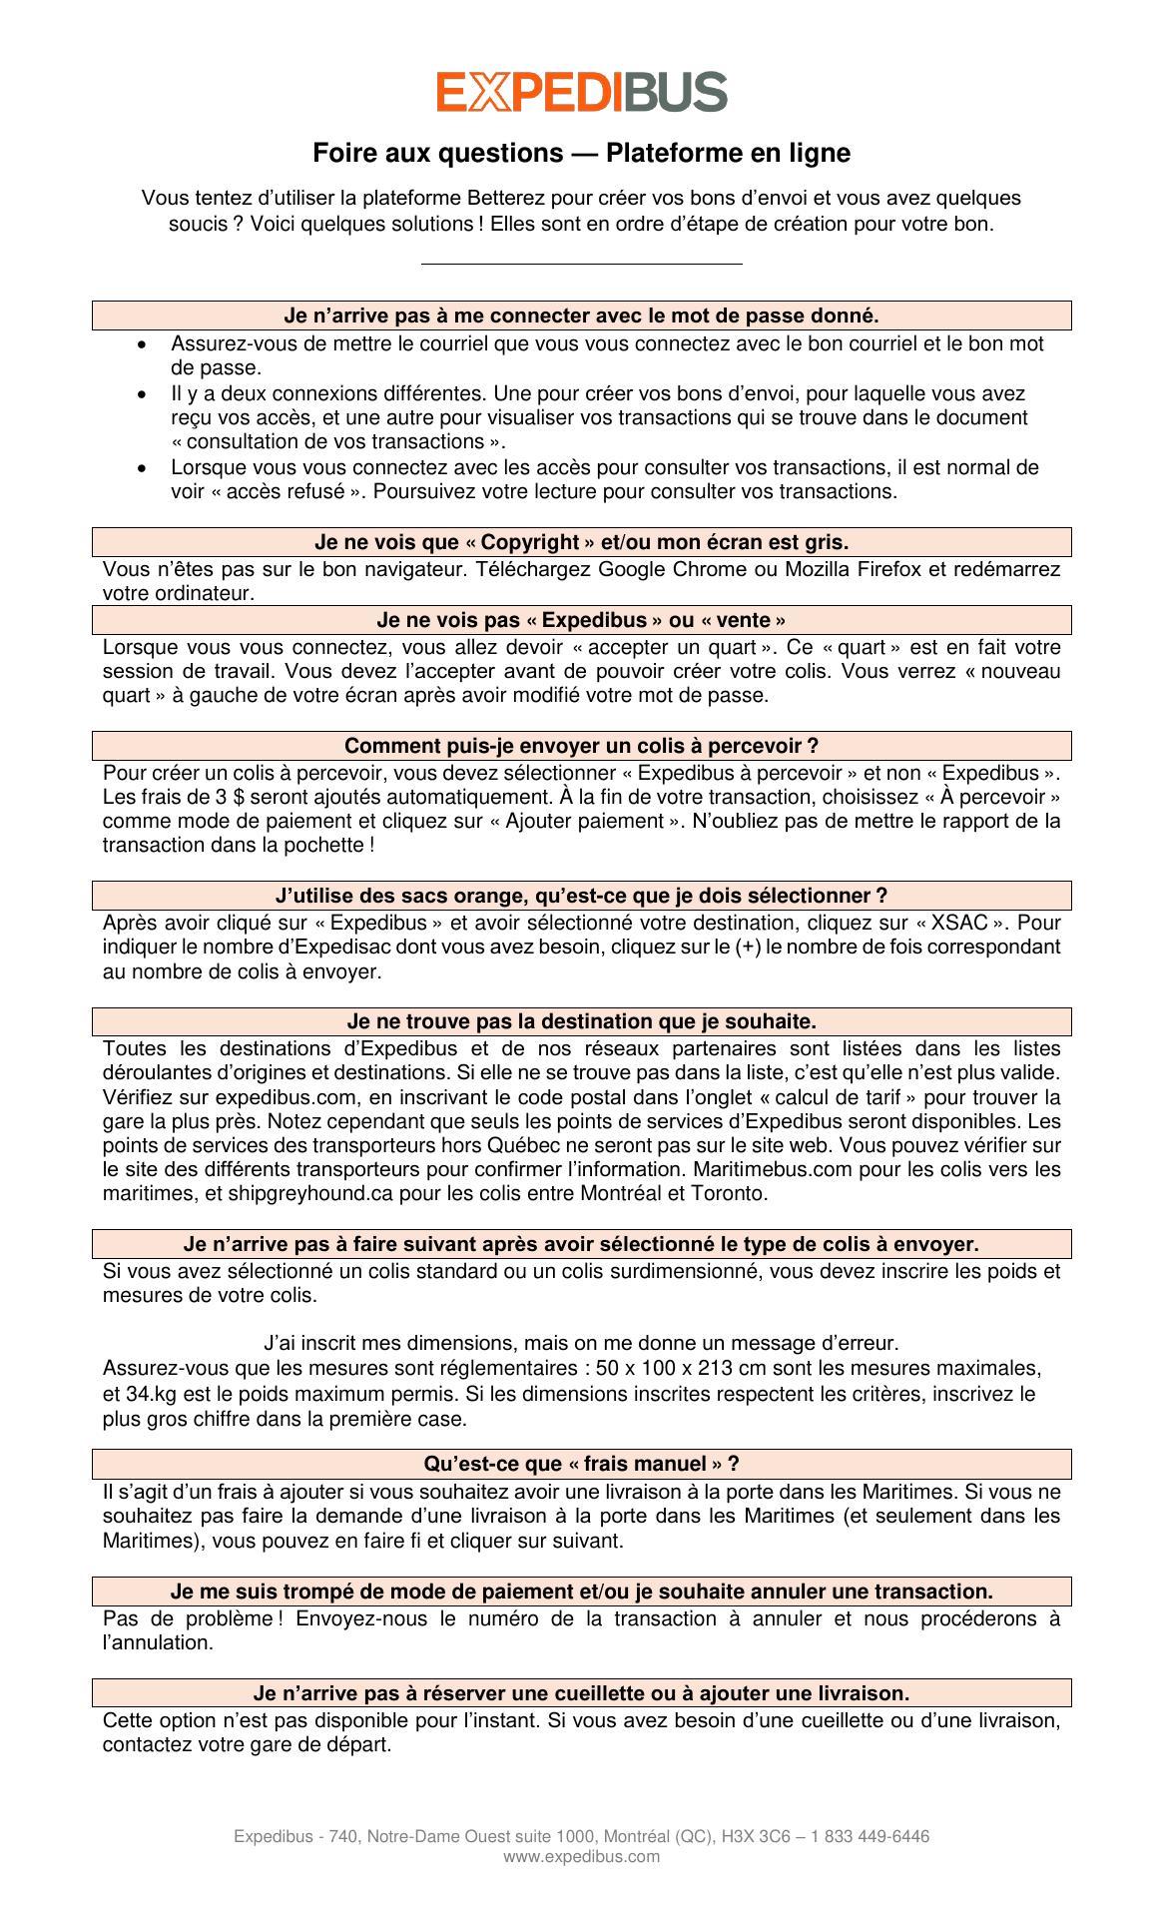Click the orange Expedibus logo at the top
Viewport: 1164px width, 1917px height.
581,91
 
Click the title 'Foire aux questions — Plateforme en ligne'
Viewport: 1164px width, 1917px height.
581,154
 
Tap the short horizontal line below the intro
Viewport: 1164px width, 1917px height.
581,265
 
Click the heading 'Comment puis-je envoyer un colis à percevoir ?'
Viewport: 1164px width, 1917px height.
581,746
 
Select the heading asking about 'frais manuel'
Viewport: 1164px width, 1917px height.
581,1465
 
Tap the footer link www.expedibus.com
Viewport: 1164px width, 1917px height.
581,1857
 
